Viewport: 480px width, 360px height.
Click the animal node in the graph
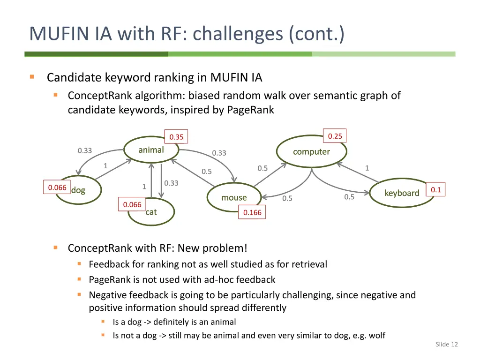[x=151, y=150]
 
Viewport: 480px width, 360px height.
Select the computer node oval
[x=311, y=152]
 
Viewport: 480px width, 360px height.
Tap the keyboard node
[x=402, y=193]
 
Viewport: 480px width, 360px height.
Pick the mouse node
[x=234, y=198]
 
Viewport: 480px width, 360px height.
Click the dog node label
[x=78, y=190]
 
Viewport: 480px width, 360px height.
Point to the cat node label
[x=151, y=212]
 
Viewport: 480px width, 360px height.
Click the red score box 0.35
[x=176, y=137]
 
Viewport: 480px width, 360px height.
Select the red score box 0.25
[x=335, y=136]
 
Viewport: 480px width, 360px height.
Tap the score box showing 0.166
[x=252, y=212]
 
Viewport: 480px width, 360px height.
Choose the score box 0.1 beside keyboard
[x=436, y=189]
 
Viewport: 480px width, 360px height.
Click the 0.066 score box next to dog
[x=57, y=187]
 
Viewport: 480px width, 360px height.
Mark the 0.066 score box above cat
[x=132, y=204]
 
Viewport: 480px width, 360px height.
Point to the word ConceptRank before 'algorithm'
[x=100, y=96]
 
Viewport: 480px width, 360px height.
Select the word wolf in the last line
[x=377, y=336]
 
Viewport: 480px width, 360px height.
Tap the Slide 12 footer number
[x=446, y=345]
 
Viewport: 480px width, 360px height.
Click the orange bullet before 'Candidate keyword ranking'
[x=32, y=77]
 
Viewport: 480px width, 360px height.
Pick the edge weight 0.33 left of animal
[x=85, y=150]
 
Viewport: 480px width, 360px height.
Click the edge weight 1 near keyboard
[x=367, y=168]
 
